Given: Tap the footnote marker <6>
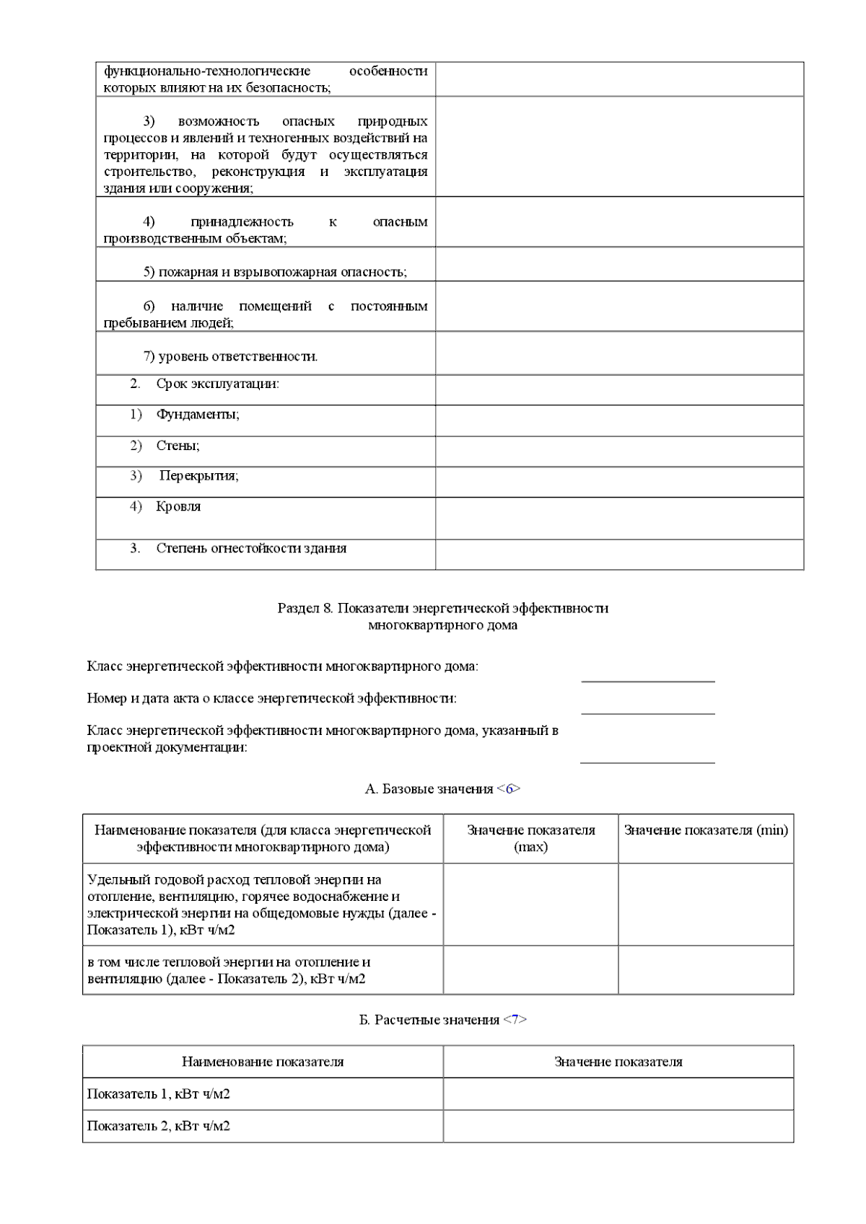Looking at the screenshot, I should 509,788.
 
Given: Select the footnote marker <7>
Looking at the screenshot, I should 515,1020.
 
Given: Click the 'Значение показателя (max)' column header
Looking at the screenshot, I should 530,838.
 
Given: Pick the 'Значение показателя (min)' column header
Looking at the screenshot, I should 705,830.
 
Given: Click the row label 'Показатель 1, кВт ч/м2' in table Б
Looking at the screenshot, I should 159,1093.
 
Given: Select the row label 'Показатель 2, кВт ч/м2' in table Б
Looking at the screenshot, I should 159,1125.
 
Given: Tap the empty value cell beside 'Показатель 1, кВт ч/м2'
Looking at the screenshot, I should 618,1093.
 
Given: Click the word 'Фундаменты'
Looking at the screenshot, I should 197,415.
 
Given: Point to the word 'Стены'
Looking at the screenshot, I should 178,446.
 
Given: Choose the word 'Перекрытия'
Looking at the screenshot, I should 198,476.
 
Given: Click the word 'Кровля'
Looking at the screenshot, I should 178,506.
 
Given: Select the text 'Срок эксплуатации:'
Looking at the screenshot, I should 217,384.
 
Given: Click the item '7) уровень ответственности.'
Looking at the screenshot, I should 230,356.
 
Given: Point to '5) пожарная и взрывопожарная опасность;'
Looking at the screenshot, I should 275,272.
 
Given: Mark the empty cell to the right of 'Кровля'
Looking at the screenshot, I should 618,518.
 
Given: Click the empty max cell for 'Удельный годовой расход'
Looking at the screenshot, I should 530,904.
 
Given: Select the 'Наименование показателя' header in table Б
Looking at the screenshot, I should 263,1062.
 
